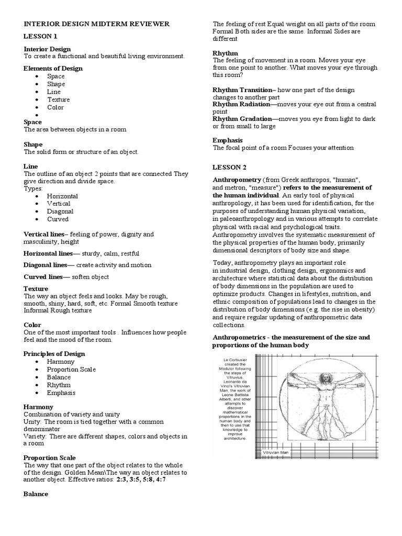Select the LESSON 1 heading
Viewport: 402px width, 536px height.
(x=40, y=36)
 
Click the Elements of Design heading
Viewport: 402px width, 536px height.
(x=53, y=69)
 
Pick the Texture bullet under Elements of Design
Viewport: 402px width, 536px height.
(x=58, y=99)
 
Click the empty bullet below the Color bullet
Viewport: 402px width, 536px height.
(x=37, y=115)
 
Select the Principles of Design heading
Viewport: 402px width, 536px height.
(x=54, y=354)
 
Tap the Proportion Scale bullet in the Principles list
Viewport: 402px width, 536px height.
(x=71, y=370)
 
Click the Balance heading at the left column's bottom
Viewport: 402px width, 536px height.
(x=36, y=494)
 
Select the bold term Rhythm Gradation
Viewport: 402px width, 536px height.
(x=242, y=119)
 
